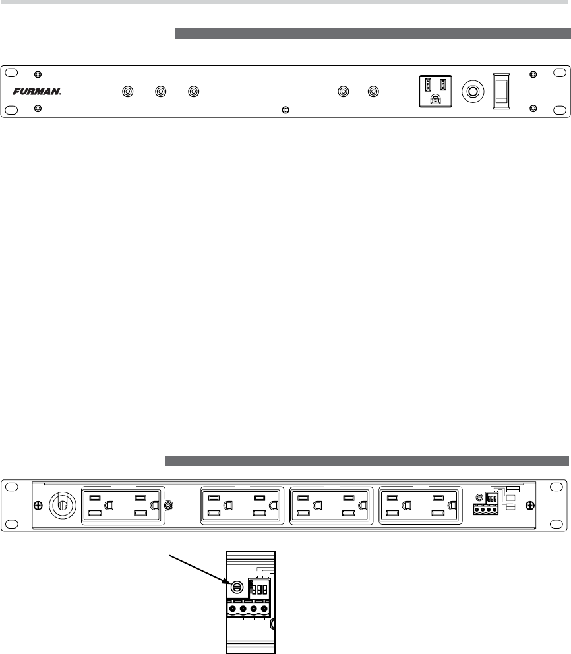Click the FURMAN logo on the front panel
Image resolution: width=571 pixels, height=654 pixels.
pos(37,92)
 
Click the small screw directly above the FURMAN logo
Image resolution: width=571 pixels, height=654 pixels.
pos(38,75)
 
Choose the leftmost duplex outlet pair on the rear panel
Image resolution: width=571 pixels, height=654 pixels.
pos(122,506)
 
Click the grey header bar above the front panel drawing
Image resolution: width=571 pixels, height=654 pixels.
pos(371,34)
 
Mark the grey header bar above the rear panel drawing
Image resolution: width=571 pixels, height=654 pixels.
pos(367,460)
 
